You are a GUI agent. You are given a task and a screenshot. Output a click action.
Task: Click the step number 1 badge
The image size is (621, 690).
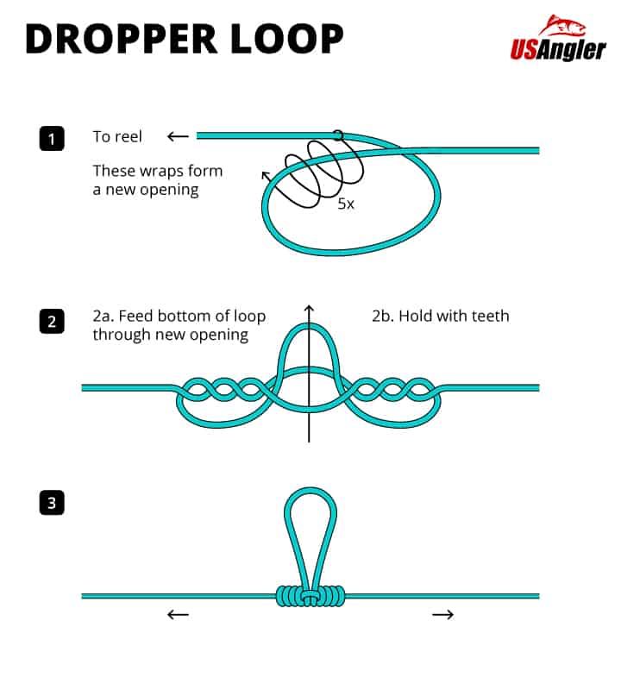(52, 138)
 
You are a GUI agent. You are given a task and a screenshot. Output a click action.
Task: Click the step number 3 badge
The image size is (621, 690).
(52, 503)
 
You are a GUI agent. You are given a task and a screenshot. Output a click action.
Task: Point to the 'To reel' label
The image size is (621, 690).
(117, 136)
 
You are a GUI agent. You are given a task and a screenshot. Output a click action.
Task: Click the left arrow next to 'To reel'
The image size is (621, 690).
(178, 136)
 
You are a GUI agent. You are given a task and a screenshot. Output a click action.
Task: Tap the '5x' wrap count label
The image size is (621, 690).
(346, 205)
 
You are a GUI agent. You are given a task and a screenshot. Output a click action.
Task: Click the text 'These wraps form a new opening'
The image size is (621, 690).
(157, 180)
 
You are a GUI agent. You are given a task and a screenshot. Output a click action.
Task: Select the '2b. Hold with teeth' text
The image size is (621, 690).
(440, 316)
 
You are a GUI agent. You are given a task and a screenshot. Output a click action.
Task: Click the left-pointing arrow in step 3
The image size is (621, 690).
(178, 614)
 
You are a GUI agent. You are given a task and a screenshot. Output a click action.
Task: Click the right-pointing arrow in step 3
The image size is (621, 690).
(442, 614)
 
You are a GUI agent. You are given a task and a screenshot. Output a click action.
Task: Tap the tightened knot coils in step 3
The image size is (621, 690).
(310, 595)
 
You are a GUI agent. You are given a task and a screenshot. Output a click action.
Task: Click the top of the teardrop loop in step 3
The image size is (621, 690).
(310, 493)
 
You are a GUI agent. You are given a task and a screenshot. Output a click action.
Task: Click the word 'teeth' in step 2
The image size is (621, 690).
(489, 316)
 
